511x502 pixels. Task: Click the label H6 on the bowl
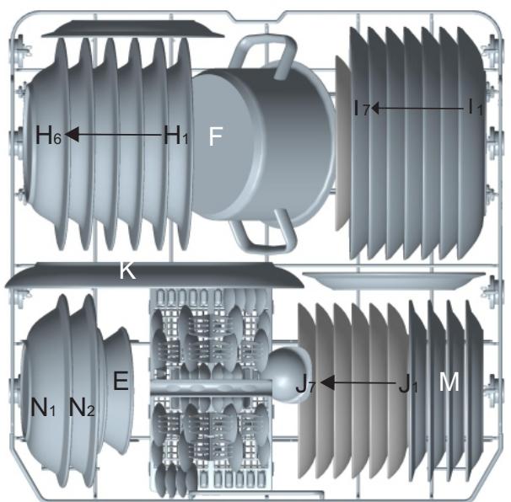(48, 135)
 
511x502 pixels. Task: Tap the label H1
(175, 135)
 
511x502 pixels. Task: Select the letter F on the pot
(215, 136)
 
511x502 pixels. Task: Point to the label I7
(362, 109)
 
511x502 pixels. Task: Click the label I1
(475, 107)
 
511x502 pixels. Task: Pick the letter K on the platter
(127, 270)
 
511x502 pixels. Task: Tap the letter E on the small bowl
(121, 381)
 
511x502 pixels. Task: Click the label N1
(43, 408)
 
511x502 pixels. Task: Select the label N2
(82, 408)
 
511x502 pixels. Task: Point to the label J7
(305, 384)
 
